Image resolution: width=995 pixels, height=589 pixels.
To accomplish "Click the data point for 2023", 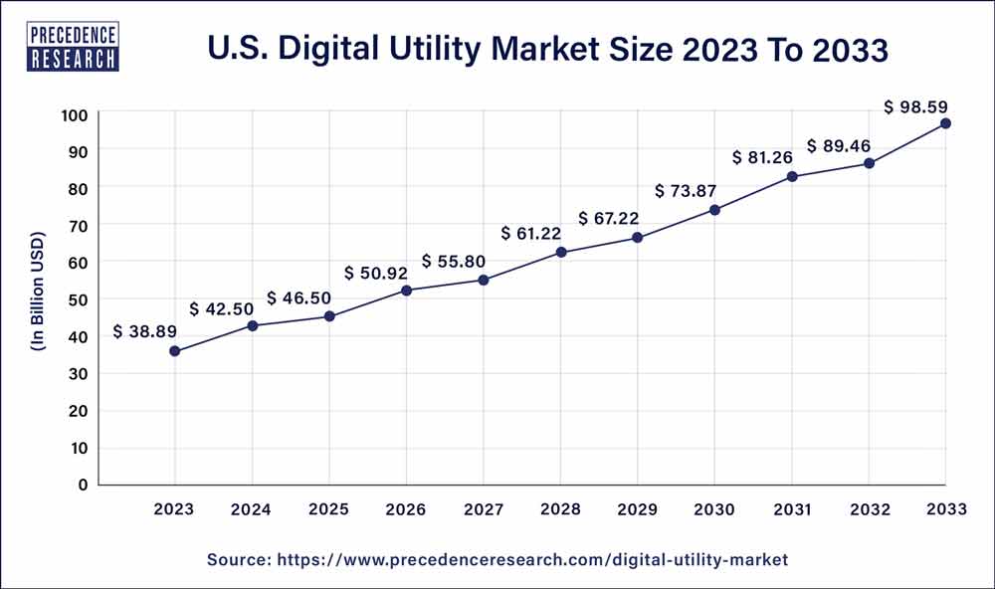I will (175, 351).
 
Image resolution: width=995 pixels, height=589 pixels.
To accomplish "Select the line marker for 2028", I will (561, 253).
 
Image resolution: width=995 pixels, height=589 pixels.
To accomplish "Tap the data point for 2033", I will (945, 123).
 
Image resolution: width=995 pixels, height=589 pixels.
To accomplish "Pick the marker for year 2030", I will (714, 210).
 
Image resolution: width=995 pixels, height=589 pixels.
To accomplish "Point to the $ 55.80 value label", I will (455, 262).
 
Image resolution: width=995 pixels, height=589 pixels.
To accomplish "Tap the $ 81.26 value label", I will (764, 157).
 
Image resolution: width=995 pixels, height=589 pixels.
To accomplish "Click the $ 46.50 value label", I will (298, 298).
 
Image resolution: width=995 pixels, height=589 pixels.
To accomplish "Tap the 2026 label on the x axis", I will (406, 509).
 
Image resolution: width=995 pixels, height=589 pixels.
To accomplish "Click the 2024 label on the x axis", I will (252, 509).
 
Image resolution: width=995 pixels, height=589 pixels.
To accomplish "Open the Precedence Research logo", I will (75, 46).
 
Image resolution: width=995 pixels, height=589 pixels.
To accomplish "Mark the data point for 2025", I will (329, 316).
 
